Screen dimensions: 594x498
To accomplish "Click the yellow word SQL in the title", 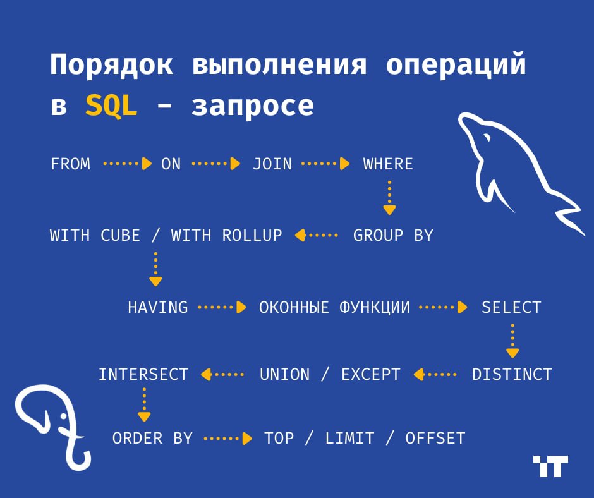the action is [111, 105].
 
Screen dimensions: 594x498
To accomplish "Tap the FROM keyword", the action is [71, 164].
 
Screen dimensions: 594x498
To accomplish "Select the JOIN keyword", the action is [272, 164].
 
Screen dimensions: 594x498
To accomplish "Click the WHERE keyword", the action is [388, 164].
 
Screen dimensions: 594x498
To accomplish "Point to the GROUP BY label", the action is [393, 235].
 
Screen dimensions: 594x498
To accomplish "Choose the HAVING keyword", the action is [157, 307].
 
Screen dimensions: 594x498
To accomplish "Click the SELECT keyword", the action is [511, 307].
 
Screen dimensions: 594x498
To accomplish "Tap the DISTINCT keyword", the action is [512, 374].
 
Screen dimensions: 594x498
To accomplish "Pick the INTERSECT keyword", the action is [143, 374].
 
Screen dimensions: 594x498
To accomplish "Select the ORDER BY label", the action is [152, 439].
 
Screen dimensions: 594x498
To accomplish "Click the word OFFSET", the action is [435, 439].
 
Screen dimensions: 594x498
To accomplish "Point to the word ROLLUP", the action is [252, 235].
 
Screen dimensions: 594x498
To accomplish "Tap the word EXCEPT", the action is [371, 374].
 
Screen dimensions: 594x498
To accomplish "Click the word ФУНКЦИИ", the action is [375, 307].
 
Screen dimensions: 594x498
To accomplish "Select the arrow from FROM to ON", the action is [127, 164].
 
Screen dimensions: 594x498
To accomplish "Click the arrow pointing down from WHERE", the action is [389, 198].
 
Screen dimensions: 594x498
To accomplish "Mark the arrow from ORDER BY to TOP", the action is [227, 439].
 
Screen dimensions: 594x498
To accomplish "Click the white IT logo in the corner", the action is [550, 466].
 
